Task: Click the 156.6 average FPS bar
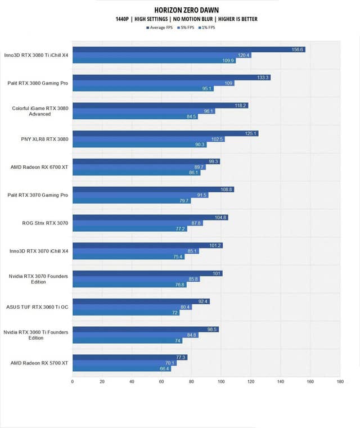coord(188,49)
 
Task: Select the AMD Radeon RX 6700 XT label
coord(39,167)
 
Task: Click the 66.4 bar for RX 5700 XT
coord(121,368)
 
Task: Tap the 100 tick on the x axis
coord(221,382)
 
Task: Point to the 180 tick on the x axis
coord(340,382)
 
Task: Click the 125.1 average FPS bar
coord(165,133)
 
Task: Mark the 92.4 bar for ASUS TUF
coord(141,301)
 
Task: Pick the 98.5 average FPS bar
coord(145,330)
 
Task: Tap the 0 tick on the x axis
coord(73,382)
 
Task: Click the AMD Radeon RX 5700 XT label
coord(39,363)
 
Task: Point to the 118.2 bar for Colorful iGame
coord(160,105)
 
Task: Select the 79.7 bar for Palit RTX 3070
coord(131,201)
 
